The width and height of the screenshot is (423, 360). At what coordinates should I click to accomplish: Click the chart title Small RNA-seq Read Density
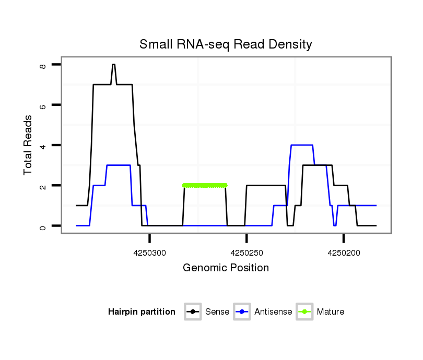point(226,45)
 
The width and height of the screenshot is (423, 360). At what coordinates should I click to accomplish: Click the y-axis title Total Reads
point(29,145)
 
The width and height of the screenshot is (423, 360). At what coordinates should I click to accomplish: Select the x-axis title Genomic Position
point(226,268)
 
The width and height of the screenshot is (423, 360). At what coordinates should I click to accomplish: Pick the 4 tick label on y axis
point(43,145)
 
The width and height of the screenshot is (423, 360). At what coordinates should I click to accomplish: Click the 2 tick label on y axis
point(43,186)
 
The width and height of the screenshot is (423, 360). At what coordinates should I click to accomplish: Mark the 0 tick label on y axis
point(43,226)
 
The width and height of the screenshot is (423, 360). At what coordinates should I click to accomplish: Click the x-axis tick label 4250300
point(150,253)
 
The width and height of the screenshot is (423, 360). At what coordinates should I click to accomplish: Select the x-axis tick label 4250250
point(246,253)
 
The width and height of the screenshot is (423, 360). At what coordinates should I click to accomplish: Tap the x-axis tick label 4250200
point(344,253)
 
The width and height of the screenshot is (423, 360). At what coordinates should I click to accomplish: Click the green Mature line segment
point(205,185)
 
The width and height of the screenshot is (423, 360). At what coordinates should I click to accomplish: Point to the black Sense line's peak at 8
point(113,65)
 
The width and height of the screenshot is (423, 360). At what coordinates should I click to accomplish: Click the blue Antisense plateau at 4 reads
point(302,145)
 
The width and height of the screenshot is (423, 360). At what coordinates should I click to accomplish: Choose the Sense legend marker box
point(193,312)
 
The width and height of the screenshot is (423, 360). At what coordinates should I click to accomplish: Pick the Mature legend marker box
point(304,312)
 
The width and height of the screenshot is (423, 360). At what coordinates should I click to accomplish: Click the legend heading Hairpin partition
point(142,312)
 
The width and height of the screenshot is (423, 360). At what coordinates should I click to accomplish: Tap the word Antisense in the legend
point(273,312)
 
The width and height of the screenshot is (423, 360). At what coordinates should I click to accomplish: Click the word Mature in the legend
point(331,312)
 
